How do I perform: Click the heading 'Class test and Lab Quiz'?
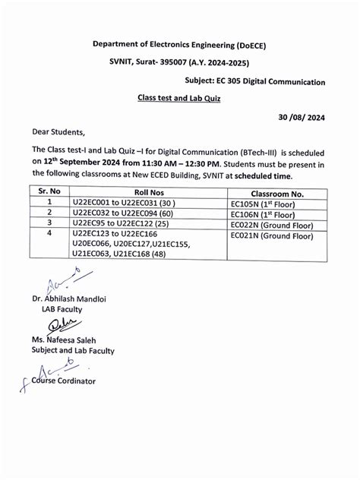178,98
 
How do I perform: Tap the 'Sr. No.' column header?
49,193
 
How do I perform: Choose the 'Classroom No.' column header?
264,194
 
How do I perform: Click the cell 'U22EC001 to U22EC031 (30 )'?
124,204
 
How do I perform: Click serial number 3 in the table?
49,225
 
